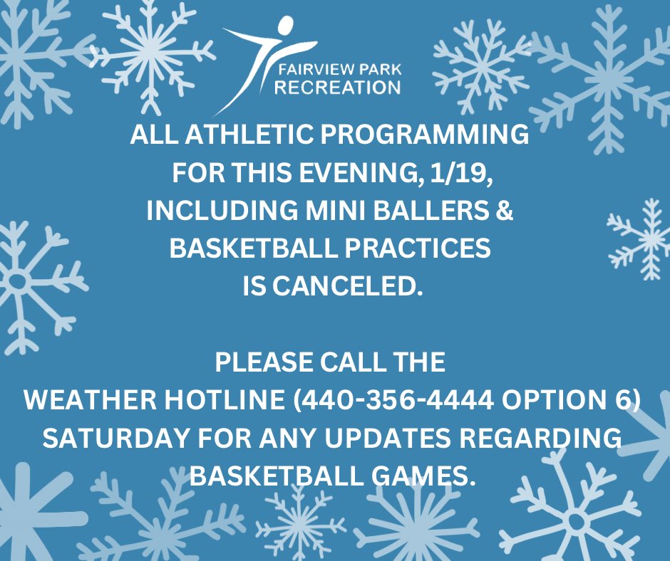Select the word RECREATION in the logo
click(338, 88)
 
